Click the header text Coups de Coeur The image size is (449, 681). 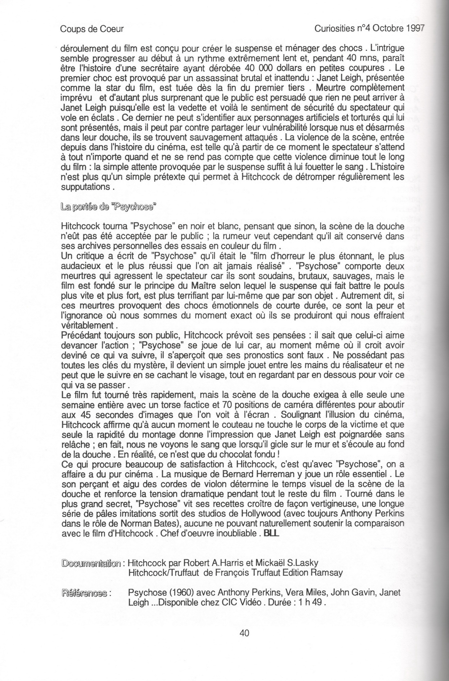[x=92, y=29]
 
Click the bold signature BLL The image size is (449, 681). [x=271, y=534]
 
